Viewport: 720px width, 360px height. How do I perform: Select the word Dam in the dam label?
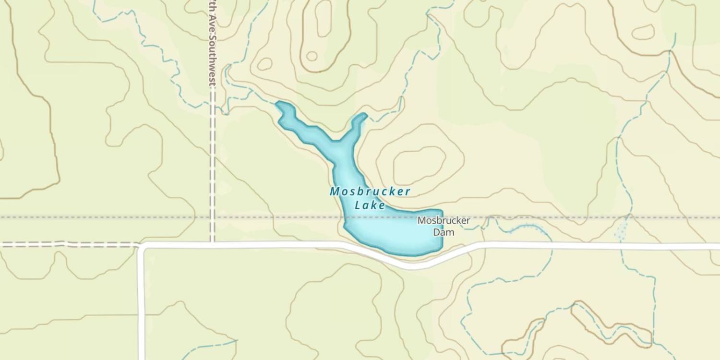click(x=444, y=232)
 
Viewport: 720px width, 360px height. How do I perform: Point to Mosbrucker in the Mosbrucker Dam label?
click(x=444, y=221)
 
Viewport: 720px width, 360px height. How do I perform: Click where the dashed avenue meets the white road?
click(x=212, y=244)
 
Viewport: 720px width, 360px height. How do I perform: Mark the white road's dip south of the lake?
click(x=413, y=265)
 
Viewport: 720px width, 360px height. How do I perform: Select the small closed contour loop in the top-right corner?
click(x=643, y=32)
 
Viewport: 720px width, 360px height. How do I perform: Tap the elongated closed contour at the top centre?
click(x=323, y=19)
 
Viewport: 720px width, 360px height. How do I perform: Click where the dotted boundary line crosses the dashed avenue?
click(x=212, y=217)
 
